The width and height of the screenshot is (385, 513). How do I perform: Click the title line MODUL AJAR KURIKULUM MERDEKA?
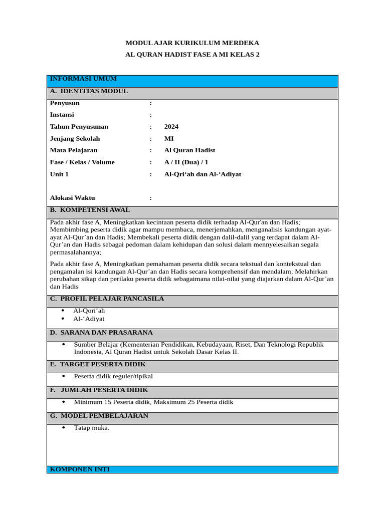pos(192,43)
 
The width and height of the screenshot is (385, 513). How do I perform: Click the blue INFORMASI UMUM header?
pos(83,79)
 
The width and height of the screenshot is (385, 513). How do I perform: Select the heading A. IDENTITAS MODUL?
pos(89,91)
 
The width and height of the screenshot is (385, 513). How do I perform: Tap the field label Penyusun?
pos(65,103)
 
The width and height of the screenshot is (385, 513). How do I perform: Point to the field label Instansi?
pos(62,115)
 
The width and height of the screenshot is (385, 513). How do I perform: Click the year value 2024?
pos(171,127)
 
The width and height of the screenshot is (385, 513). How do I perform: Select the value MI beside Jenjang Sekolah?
pos(169,139)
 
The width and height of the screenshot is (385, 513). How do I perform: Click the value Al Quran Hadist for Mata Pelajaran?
pos(189,150)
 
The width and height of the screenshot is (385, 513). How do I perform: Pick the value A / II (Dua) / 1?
pos(186,162)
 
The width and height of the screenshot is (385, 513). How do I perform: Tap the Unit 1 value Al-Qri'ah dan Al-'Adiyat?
pos(203,174)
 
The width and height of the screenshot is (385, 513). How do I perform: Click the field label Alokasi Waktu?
pos(72,198)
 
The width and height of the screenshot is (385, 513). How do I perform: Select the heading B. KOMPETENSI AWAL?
pos(90,210)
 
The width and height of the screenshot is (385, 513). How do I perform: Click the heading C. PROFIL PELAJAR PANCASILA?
pos(107,299)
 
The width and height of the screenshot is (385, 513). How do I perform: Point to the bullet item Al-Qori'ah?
pos(89,311)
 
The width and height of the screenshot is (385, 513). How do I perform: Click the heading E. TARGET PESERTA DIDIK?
pos(98,365)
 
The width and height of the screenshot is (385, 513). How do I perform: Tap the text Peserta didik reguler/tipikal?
pos(113,376)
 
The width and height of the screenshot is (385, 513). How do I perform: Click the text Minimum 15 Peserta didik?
pos(112,402)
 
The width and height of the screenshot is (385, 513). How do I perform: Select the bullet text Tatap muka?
pos(91,428)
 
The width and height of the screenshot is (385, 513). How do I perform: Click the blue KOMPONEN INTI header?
pos(80,469)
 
